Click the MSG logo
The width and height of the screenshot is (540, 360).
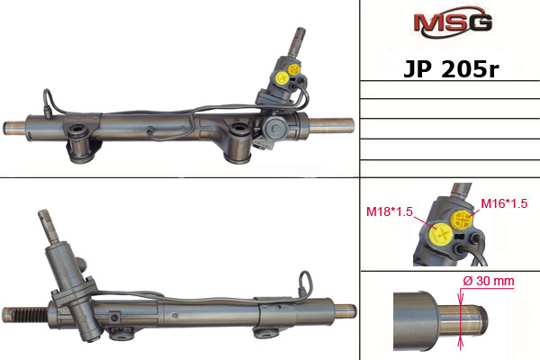[x=453, y=22]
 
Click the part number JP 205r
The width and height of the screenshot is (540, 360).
[x=451, y=69]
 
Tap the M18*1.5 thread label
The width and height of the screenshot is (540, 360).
[x=389, y=211]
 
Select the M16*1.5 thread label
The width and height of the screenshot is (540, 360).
[x=504, y=203]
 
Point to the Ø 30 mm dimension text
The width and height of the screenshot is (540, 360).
[x=489, y=281]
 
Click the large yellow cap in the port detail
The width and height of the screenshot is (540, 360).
[x=441, y=234]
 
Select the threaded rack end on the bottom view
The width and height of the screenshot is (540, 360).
[x=25, y=313]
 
